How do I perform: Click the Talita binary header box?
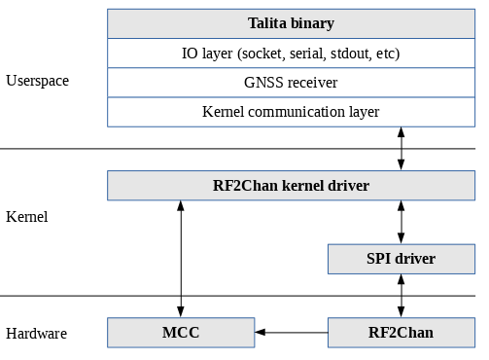click(291, 23)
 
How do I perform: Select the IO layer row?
click(291, 53)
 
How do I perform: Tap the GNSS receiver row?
click(291, 83)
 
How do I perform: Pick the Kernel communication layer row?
click(291, 112)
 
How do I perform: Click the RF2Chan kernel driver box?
click(291, 185)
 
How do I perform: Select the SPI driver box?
click(401, 259)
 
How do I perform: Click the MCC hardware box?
click(180, 333)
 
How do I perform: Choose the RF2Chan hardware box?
click(401, 333)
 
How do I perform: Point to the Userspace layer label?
click(37, 81)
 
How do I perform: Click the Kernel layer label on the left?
click(26, 217)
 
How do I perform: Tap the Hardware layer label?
click(36, 334)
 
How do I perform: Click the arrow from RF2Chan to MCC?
click(291, 333)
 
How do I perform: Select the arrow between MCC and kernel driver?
click(181, 258)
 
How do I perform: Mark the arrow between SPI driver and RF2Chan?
click(402, 296)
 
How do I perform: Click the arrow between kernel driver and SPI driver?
click(402, 222)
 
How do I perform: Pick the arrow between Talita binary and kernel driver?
click(402, 148)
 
